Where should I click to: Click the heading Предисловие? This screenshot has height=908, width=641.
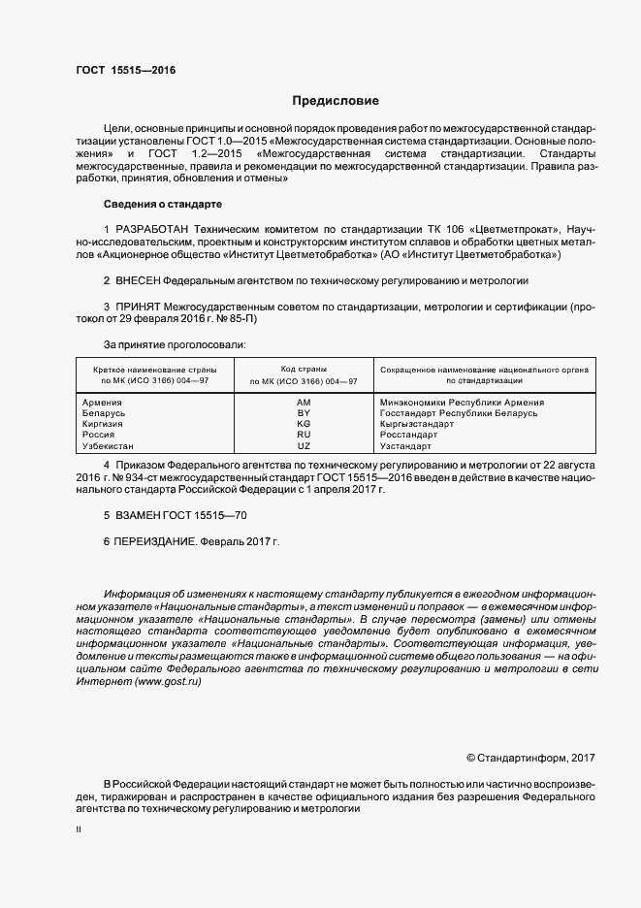tap(336, 101)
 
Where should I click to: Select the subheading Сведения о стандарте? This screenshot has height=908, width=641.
tap(163, 205)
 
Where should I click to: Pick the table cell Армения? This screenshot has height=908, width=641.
tap(103, 402)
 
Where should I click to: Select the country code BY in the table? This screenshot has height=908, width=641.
tap(303, 413)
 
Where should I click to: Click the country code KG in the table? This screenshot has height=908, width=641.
tap(303, 424)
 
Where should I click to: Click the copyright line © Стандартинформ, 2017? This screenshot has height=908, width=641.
tap(530, 757)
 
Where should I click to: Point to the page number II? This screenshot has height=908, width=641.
tap(79, 829)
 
